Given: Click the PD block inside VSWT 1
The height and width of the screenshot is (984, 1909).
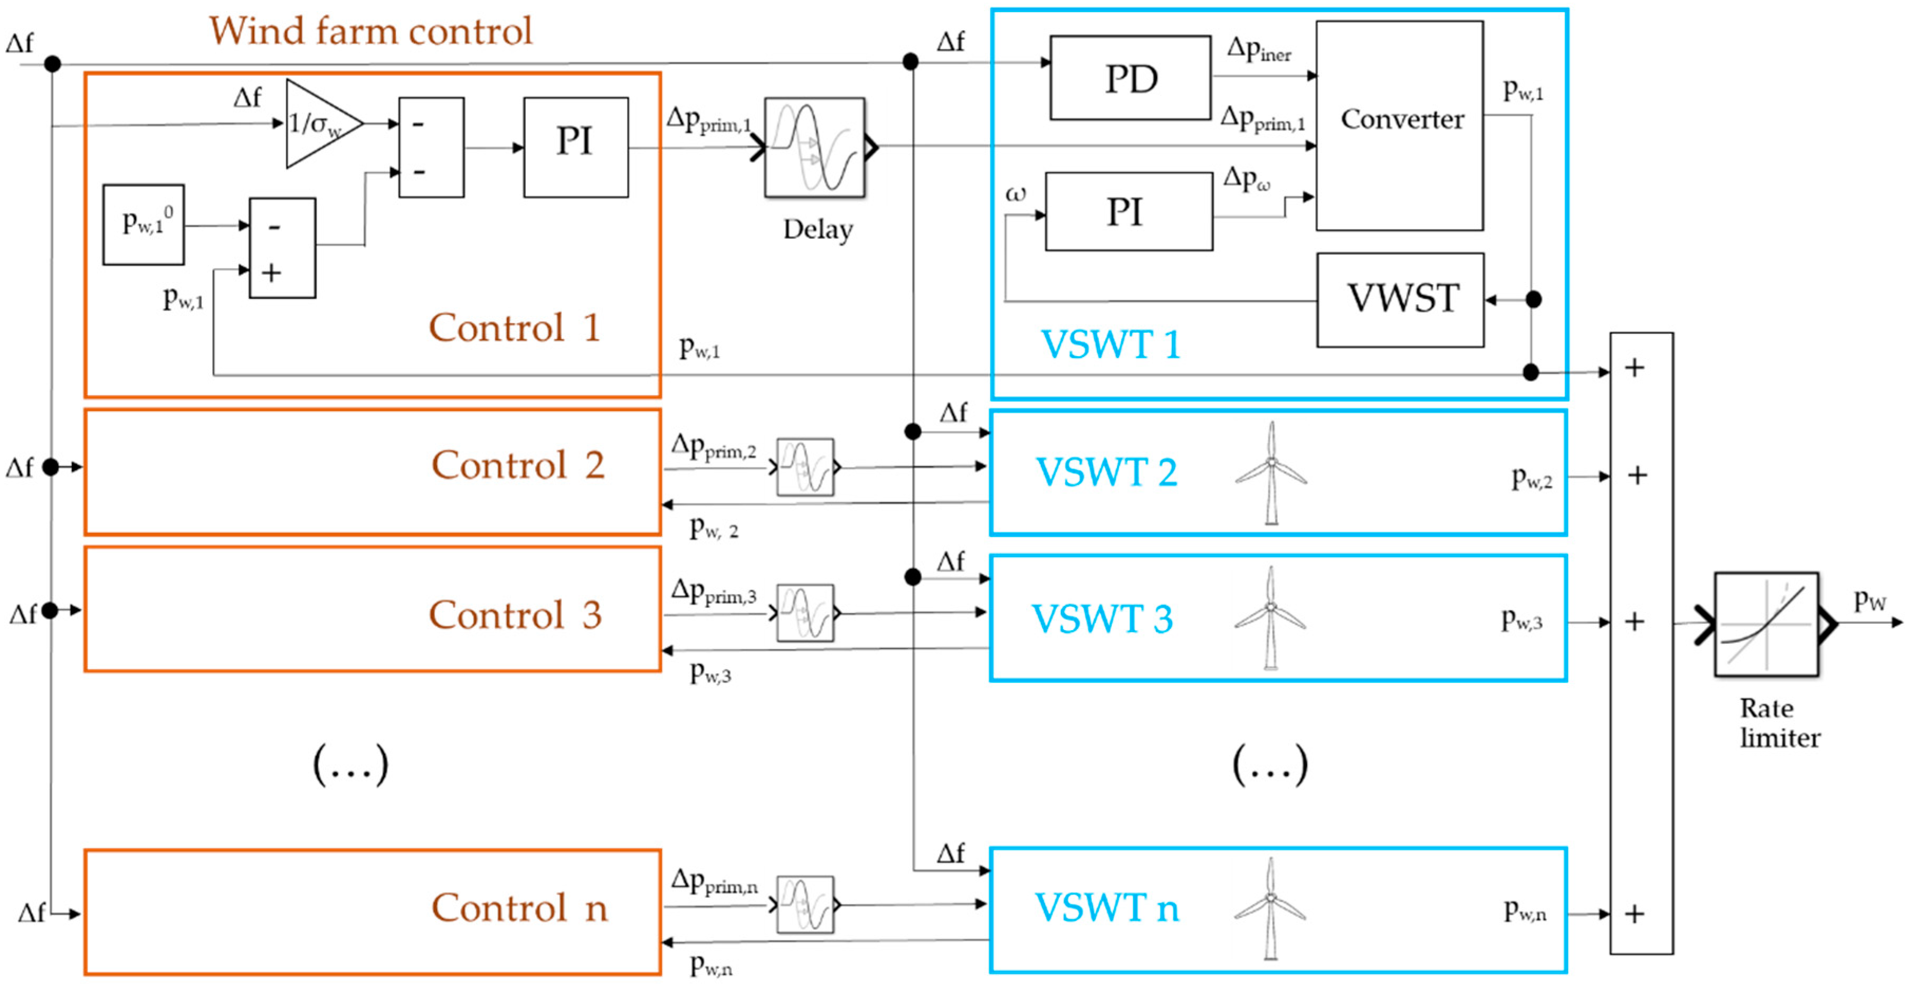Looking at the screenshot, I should tap(1130, 78).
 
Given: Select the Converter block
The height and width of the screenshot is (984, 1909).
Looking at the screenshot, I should tap(1399, 125).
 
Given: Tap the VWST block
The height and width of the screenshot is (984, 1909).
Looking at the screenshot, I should tap(1400, 299).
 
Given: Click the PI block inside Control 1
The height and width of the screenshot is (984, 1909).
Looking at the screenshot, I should tap(575, 147).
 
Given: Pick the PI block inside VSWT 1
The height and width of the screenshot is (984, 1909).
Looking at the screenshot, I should tap(1128, 211).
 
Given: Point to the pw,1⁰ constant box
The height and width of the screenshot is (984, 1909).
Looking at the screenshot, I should tap(143, 224).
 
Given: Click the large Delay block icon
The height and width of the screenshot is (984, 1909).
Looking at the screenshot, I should tap(814, 147).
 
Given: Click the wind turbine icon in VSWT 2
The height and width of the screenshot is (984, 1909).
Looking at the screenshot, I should tap(1271, 472).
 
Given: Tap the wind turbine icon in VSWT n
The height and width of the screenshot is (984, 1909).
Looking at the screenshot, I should tap(1270, 908).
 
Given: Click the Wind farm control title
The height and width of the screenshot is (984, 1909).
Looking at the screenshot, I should tap(371, 31).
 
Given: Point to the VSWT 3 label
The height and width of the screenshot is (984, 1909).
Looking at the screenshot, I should tap(1102, 618).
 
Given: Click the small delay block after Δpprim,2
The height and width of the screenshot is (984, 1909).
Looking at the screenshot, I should tap(805, 467).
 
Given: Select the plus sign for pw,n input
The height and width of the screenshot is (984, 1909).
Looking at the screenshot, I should tap(1635, 914).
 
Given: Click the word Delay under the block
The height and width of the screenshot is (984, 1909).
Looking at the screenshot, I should tap(818, 229).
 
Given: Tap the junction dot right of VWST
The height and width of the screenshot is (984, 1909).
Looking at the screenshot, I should tap(1533, 299).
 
